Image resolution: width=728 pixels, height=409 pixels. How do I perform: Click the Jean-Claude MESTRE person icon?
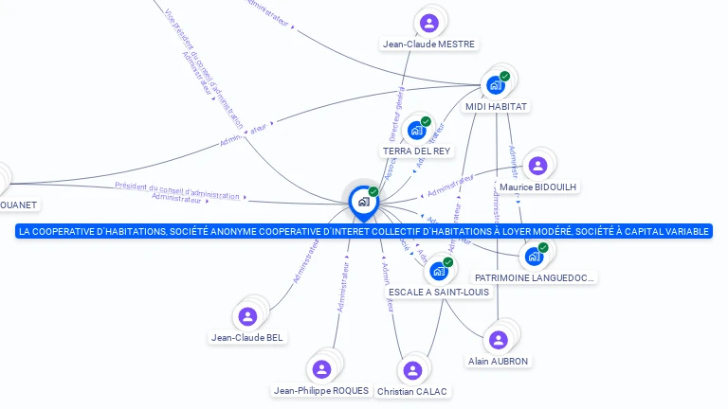pyautogui.click(x=429, y=23)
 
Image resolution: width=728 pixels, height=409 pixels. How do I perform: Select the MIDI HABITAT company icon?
pyautogui.click(x=496, y=85)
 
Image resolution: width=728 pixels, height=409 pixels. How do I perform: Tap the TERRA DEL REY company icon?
pyautogui.click(x=416, y=131)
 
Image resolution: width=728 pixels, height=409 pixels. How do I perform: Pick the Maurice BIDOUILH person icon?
pyautogui.click(x=537, y=167)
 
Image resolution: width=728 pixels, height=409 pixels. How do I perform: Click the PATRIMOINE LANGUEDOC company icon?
pyautogui.click(x=534, y=256)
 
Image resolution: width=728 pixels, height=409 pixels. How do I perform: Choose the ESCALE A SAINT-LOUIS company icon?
pyautogui.click(x=439, y=271)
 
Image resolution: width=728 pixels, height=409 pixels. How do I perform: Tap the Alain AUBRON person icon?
pyautogui.click(x=497, y=339)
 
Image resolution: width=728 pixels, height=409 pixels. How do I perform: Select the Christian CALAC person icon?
pyautogui.click(x=411, y=370)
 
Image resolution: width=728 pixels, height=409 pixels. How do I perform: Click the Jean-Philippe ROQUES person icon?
pyautogui.click(x=320, y=368)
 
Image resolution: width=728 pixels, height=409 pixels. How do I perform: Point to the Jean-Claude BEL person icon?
pyautogui.click(x=248, y=316)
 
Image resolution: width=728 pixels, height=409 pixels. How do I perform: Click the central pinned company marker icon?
pyautogui.click(x=362, y=201)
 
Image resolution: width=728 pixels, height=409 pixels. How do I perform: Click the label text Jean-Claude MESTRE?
pyautogui.click(x=429, y=44)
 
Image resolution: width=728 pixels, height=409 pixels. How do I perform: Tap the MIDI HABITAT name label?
pyautogui.click(x=496, y=107)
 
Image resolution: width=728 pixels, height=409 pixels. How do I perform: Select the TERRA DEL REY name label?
pyautogui.click(x=416, y=151)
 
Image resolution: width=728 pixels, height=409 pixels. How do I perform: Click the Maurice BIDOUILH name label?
pyautogui.click(x=537, y=187)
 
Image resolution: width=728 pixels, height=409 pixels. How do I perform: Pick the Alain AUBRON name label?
pyautogui.click(x=498, y=361)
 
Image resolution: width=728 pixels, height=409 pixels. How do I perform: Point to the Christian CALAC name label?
pyautogui.click(x=412, y=391)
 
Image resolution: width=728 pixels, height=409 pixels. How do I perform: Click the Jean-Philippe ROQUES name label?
pyautogui.click(x=320, y=390)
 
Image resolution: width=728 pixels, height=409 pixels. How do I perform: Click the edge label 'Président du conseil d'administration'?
pyautogui.click(x=177, y=189)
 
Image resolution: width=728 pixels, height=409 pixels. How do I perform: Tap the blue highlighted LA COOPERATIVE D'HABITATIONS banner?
pyautogui.click(x=363, y=231)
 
